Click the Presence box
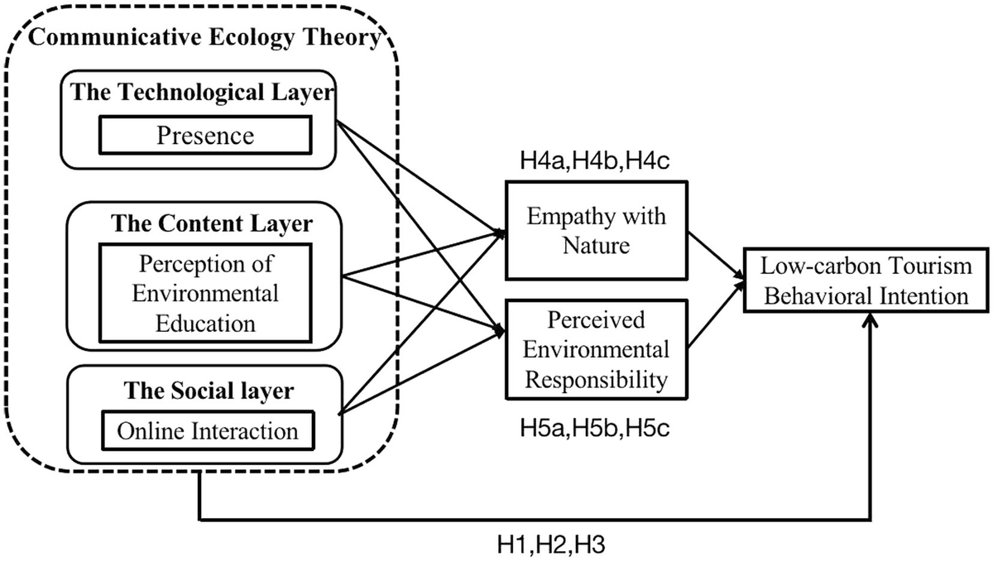pyautogui.click(x=205, y=135)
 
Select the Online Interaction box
pyautogui.click(x=208, y=431)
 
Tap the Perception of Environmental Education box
pyautogui.click(x=205, y=293)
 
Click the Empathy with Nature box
pyautogui.click(x=597, y=230)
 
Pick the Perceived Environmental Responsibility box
pyautogui.click(x=597, y=349)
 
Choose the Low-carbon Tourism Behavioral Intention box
pyautogui.click(x=866, y=281)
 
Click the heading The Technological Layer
pyautogui.click(x=202, y=92)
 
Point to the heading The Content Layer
pyautogui.click(x=212, y=223)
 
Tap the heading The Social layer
pyautogui.click(x=209, y=391)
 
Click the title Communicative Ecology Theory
pyautogui.click(x=205, y=36)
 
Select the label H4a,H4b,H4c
pyautogui.click(x=594, y=161)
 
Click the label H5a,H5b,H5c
pyautogui.click(x=594, y=428)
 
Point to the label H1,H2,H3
pyautogui.click(x=551, y=544)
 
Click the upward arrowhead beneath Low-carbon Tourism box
pyautogui.click(x=871, y=320)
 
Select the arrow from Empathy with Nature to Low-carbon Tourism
pyautogui.click(x=716, y=255)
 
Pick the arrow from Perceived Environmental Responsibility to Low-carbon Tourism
pyautogui.click(x=716, y=314)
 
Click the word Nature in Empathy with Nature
pyautogui.click(x=597, y=245)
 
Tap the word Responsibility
pyautogui.click(x=597, y=381)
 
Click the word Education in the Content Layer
pyautogui.click(x=205, y=324)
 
